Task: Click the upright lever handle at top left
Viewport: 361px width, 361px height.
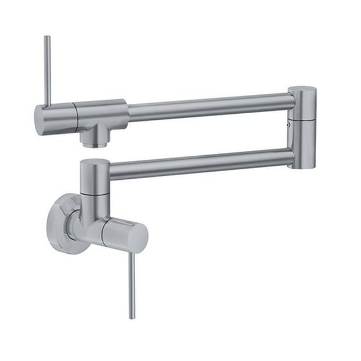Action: (x=47, y=71)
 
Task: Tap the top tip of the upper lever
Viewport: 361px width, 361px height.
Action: (x=47, y=38)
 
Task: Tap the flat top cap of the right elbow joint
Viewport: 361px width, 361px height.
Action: (x=303, y=90)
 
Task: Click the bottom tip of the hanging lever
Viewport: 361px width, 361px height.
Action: (x=132, y=317)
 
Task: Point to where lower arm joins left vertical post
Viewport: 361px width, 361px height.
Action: (x=110, y=172)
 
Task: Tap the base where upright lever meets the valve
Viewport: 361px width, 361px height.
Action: (x=48, y=105)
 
